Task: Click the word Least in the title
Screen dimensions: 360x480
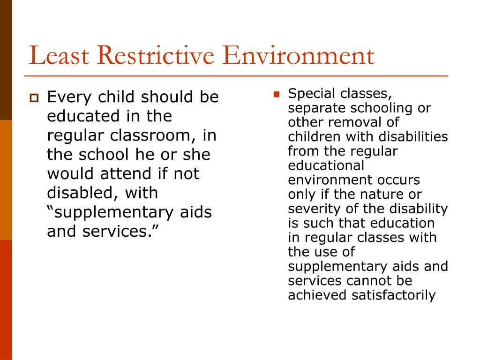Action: (59, 55)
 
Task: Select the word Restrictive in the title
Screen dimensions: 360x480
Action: (156, 55)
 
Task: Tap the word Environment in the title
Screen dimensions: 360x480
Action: (299, 55)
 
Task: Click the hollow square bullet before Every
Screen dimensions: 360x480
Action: (34, 98)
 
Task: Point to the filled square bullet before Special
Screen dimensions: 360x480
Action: (276, 94)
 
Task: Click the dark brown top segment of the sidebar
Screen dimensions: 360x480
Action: (6, 60)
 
